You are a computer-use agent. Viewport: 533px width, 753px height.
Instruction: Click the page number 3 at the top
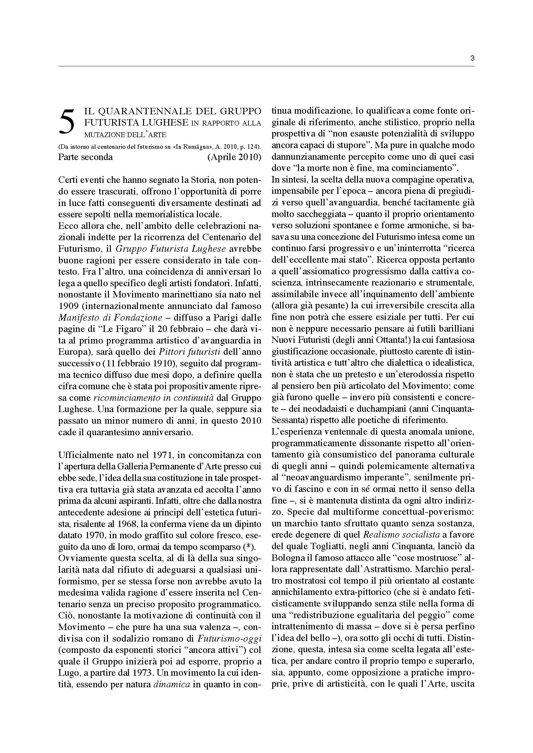click(x=472, y=59)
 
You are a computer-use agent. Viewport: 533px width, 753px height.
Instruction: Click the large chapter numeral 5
click(x=67, y=121)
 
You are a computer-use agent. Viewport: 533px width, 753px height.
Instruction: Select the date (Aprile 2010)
click(x=234, y=157)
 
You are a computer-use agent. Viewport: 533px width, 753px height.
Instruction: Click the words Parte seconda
click(x=85, y=157)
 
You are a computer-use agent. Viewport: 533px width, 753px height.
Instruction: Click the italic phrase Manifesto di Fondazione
click(x=110, y=317)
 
